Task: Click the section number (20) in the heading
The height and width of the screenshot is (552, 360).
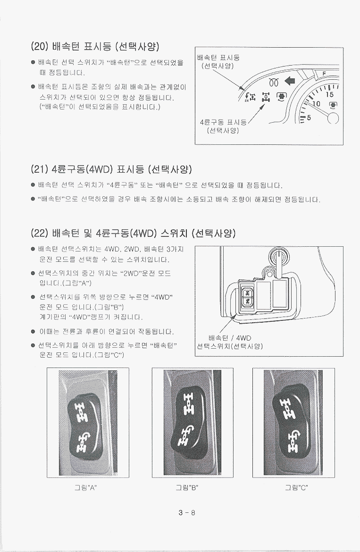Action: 40,46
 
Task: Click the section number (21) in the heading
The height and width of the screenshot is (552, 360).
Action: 40,169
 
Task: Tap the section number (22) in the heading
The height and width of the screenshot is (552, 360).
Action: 40,233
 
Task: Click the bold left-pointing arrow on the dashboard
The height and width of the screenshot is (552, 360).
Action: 289,82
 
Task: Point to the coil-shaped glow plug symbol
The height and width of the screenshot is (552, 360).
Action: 274,82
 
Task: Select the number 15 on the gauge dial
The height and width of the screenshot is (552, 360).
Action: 329,94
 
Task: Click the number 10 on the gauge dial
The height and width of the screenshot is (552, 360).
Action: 317,104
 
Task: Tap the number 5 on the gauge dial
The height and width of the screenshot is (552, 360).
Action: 309,118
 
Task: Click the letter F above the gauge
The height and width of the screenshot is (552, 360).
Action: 324,73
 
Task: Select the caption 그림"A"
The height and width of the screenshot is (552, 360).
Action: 85,487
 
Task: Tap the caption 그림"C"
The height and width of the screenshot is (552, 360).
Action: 296,487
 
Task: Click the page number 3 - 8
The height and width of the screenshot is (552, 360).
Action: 186,512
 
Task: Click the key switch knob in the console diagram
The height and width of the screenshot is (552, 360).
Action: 278,258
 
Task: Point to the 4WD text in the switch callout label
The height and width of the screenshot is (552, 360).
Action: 244,338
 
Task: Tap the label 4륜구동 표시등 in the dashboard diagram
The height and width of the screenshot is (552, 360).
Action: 223,123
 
